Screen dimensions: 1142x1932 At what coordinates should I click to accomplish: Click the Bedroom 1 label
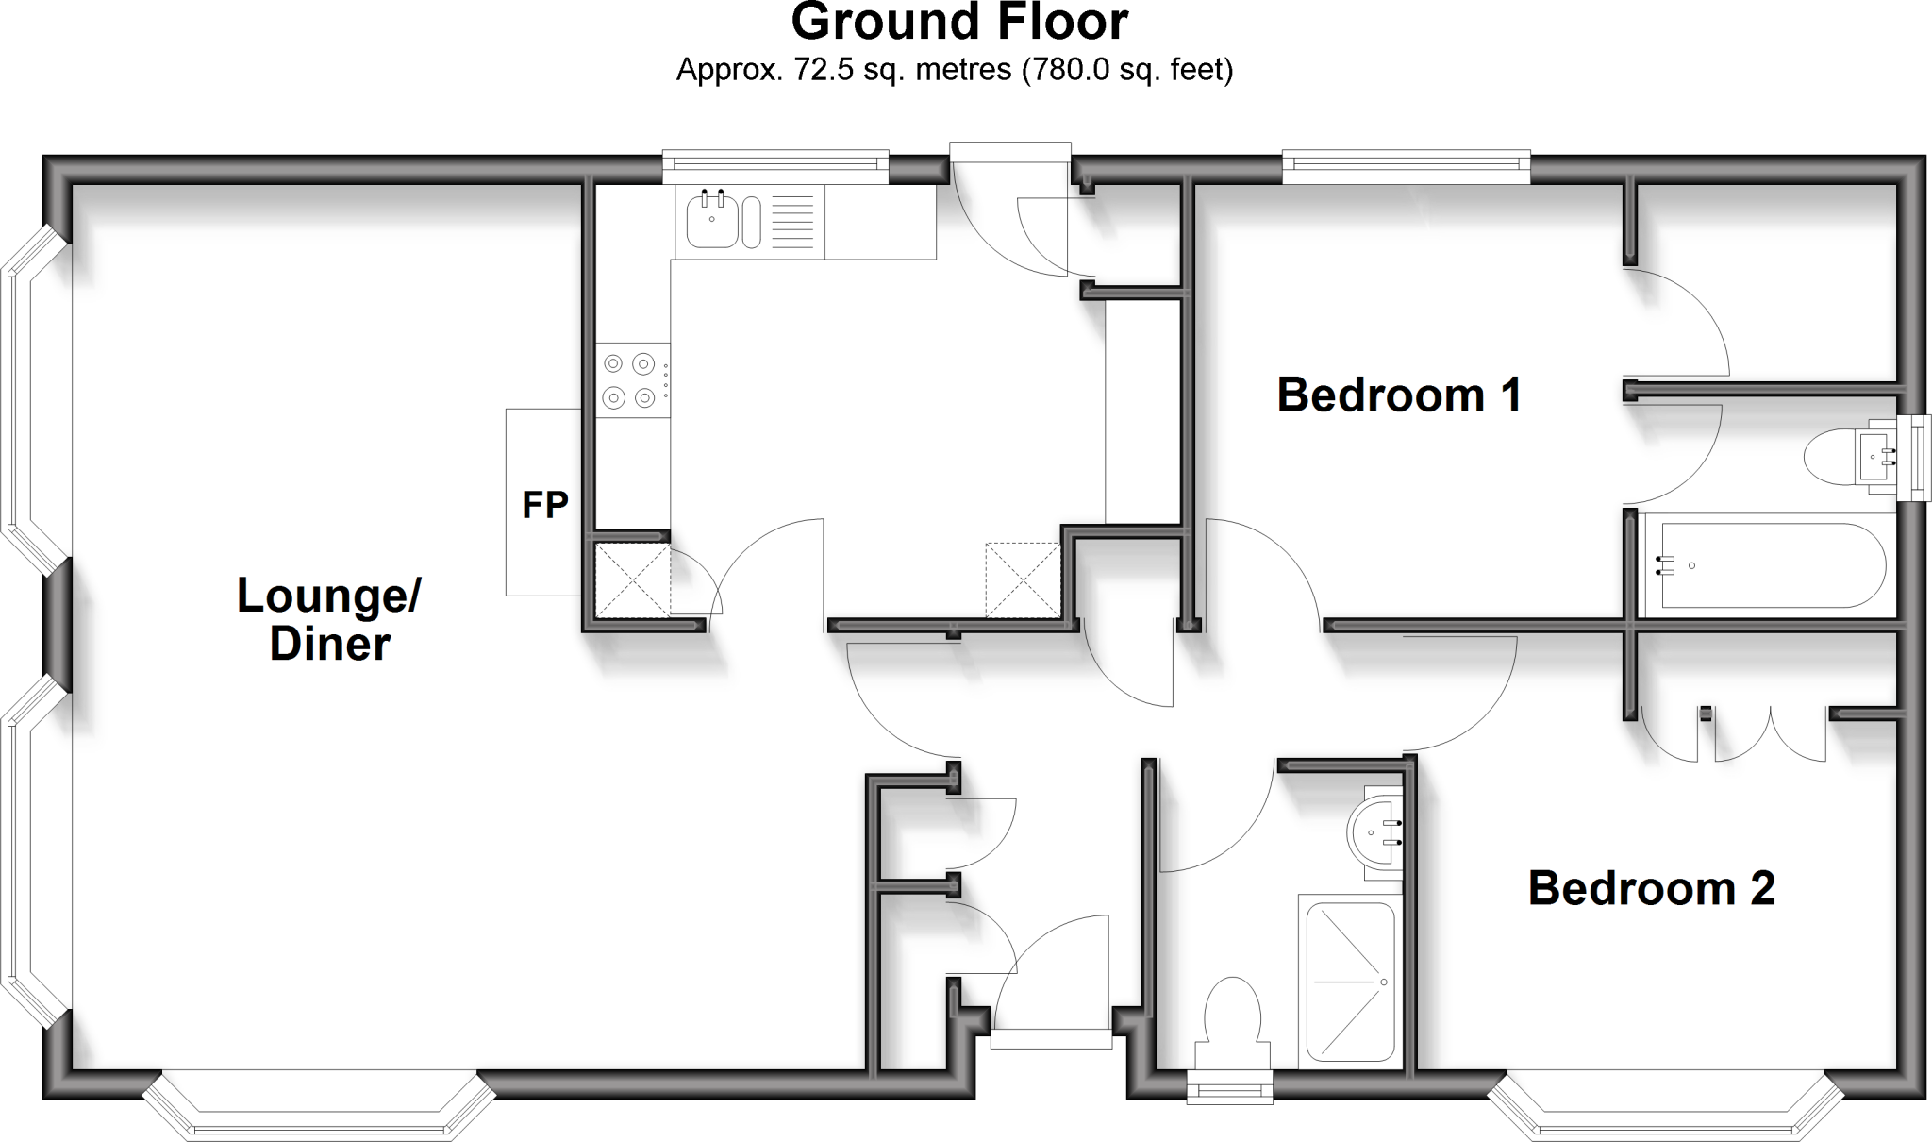coord(1399,395)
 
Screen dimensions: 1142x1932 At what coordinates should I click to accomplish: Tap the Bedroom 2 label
coord(1651,888)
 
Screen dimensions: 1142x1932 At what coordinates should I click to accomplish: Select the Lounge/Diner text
coord(329,619)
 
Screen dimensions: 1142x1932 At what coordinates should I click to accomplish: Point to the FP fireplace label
coord(545,505)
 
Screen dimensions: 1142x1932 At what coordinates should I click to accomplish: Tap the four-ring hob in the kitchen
coord(630,380)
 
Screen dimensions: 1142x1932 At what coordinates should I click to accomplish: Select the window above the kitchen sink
coord(775,168)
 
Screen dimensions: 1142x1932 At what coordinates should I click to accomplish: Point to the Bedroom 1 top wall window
coord(1406,168)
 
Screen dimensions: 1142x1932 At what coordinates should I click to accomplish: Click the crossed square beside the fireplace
coord(632,581)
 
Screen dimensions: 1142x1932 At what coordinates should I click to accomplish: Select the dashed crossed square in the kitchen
coord(1023,579)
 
